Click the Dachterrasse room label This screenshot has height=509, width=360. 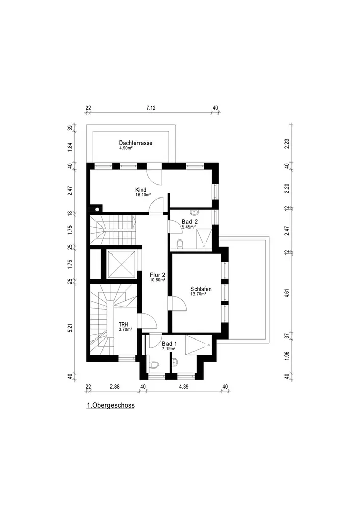tap(136, 143)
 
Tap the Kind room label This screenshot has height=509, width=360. tap(141, 190)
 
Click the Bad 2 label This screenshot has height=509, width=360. tap(190, 221)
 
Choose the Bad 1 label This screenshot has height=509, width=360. tap(170, 344)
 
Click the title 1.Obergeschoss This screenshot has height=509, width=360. tap(110, 406)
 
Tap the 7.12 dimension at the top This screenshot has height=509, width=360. tap(151, 108)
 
